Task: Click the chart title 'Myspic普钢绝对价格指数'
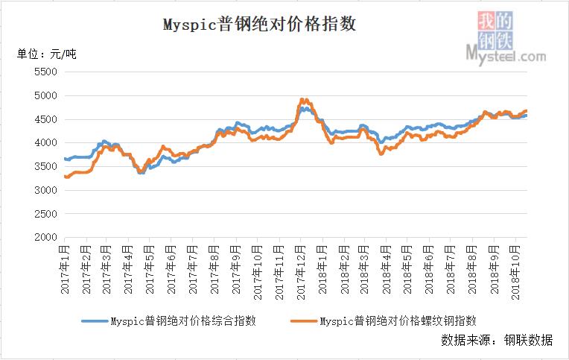pyautogui.click(x=260, y=25)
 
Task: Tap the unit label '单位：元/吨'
pyautogui.click(x=46, y=54)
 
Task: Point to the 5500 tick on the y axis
pyautogui.click(x=45, y=72)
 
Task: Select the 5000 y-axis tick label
pyautogui.click(x=45, y=96)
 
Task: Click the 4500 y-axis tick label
pyautogui.click(x=45, y=119)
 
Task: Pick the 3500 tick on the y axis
pyautogui.click(x=45, y=167)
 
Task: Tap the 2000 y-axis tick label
pyautogui.click(x=45, y=238)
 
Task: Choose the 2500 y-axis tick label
pyautogui.click(x=45, y=214)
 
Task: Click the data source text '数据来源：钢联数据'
pyautogui.click(x=498, y=341)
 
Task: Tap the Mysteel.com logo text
pyautogui.click(x=506, y=55)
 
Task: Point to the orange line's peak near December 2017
pyautogui.click(x=302, y=99)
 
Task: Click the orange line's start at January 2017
pyautogui.click(x=66, y=177)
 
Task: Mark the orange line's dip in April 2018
pyautogui.click(x=381, y=154)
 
